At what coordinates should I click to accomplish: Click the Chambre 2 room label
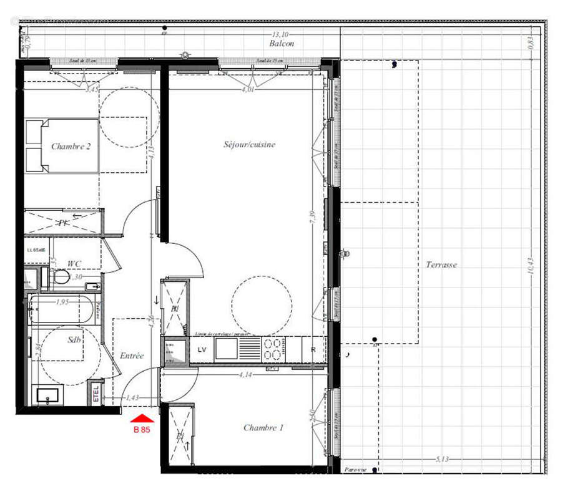click(71, 147)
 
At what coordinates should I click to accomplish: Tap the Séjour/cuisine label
click(249, 144)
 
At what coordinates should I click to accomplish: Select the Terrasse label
click(441, 264)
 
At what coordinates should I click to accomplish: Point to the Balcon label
click(282, 44)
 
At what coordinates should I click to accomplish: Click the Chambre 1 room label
click(263, 428)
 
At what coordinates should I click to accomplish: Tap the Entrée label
click(132, 356)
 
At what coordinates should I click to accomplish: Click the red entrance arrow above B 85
click(141, 419)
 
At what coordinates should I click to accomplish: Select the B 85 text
click(141, 429)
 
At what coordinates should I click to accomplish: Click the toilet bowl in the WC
click(61, 278)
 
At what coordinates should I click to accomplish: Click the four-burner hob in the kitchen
click(273, 349)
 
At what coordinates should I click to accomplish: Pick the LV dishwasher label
click(202, 350)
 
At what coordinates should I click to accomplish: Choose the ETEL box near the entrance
click(96, 392)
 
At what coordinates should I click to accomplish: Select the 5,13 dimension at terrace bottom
click(442, 459)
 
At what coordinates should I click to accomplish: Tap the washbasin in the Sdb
click(48, 395)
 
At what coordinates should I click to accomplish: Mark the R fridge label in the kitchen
click(313, 350)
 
